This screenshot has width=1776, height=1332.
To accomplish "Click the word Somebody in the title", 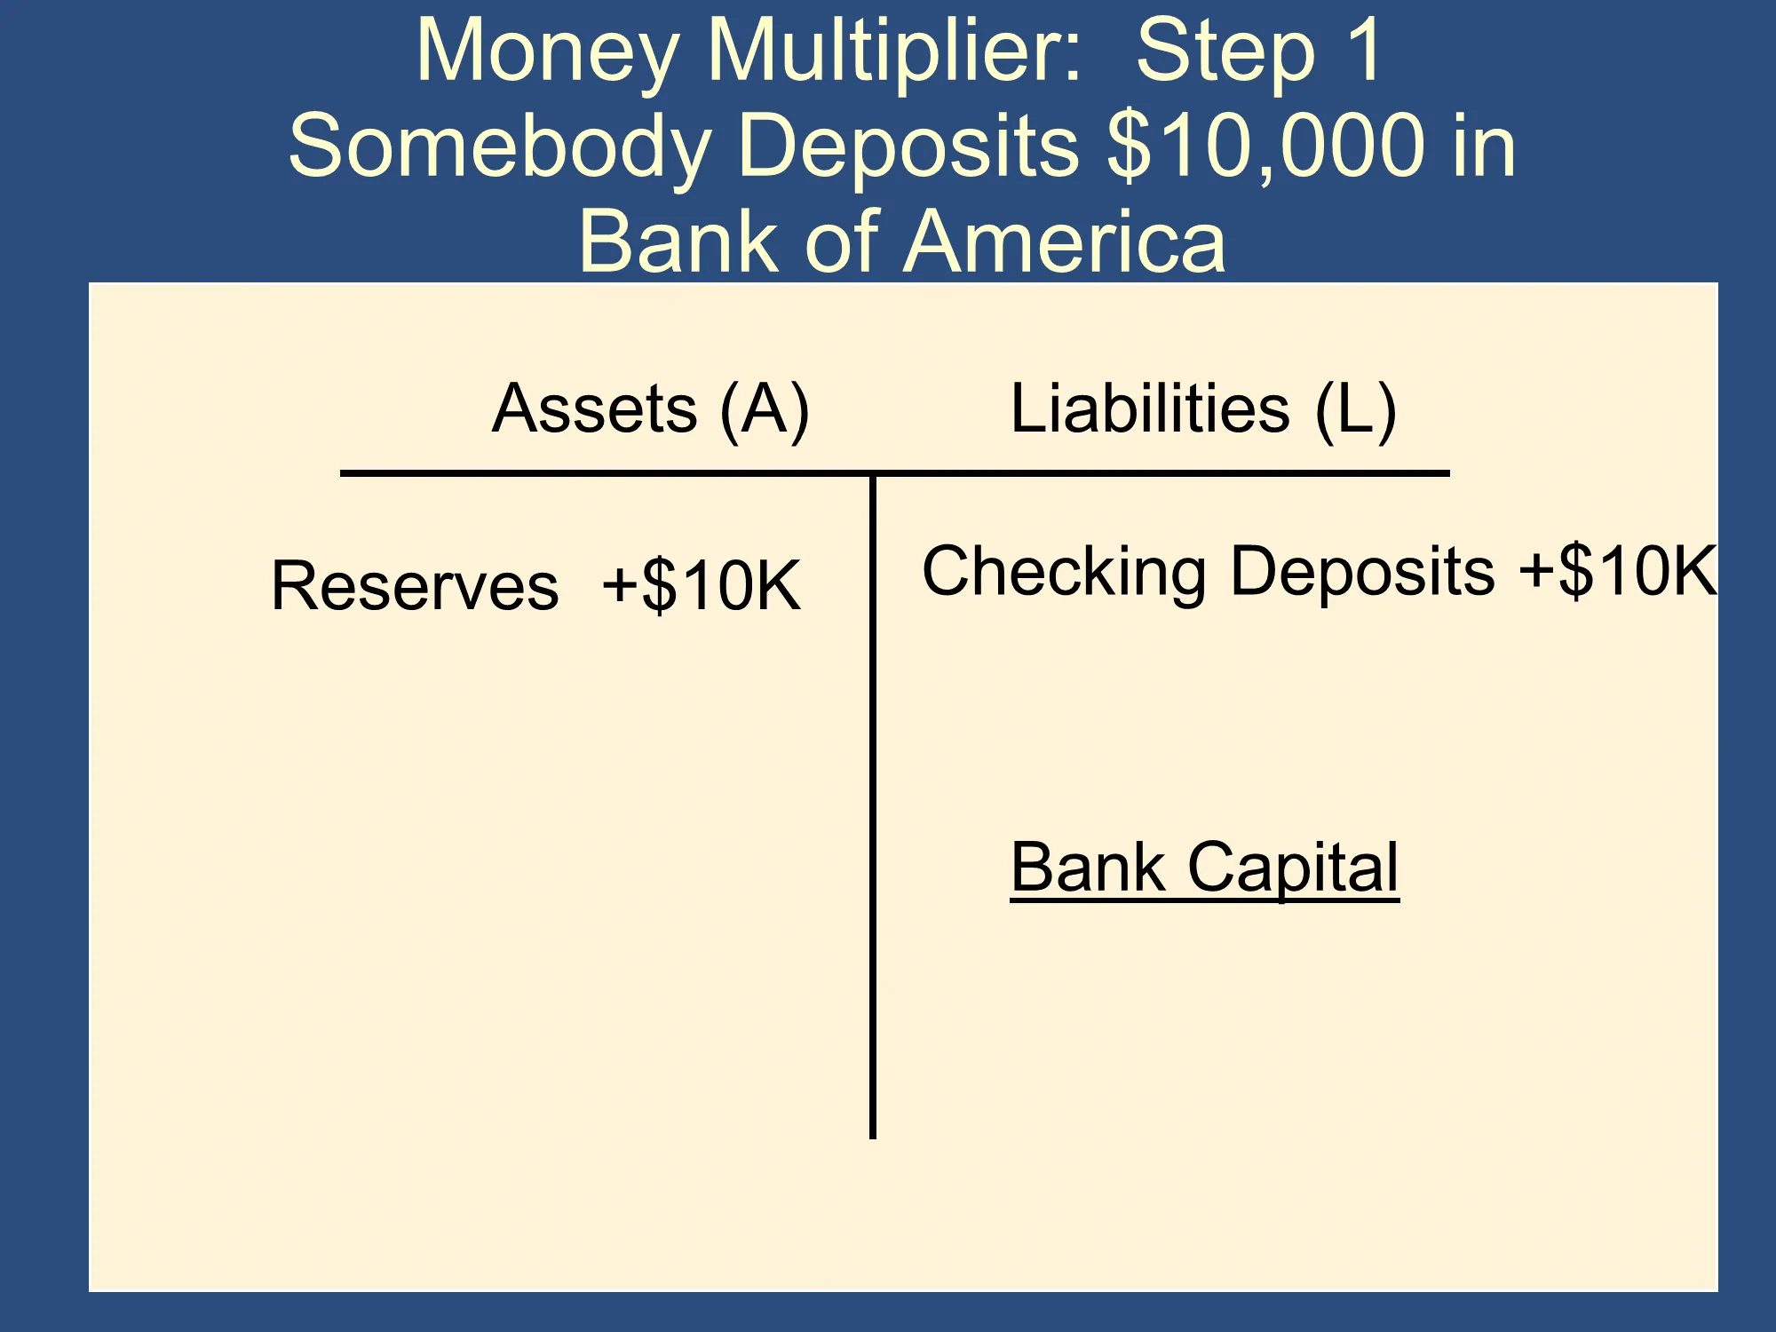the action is point(500,147).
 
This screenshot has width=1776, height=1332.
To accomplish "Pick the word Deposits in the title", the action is point(908,147).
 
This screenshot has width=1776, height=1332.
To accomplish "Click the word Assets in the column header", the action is point(595,408).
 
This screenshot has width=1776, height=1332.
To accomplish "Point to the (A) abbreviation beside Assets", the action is point(765,410).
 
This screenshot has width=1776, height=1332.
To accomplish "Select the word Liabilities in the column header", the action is point(1150,408).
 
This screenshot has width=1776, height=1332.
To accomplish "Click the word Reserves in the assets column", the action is point(416,586).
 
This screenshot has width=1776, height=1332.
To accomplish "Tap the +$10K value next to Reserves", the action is point(702,585).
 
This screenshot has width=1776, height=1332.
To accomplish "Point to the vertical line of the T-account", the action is point(873,806).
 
